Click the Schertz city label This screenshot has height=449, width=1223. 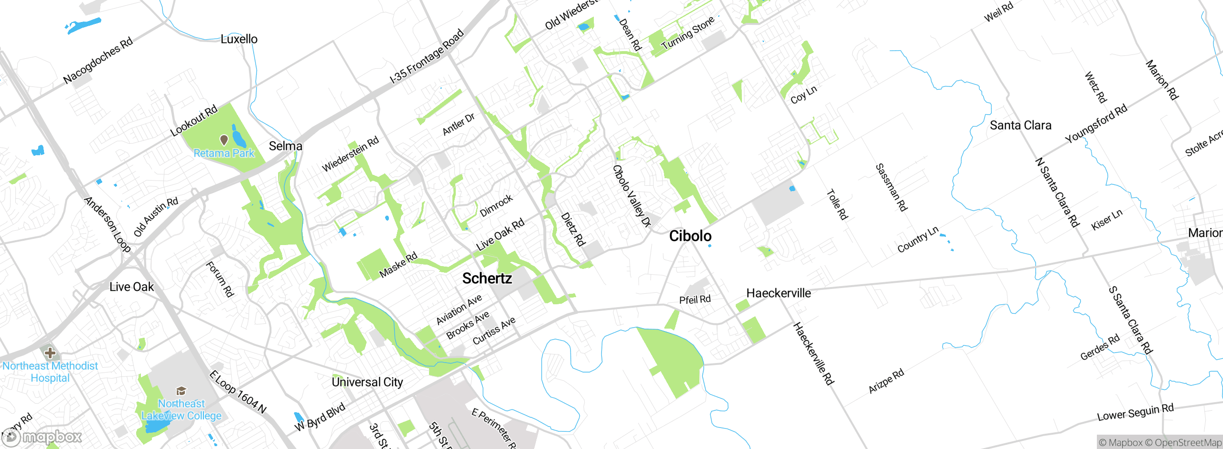tap(487, 278)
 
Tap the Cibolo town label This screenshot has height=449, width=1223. tap(690, 236)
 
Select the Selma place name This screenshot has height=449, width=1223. tap(285, 146)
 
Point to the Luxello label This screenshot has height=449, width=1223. tap(239, 39)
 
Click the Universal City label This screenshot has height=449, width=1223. tap(367, 382)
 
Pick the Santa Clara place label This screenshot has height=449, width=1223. tap(1020, 126)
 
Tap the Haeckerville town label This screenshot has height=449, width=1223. tap(778, 293)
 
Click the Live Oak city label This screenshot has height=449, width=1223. tap(131, 287)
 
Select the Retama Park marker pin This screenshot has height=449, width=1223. tap(224, 139)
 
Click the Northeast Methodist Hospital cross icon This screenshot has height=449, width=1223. tap(50, 353)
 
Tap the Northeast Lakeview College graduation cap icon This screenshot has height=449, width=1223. tap(181, 391)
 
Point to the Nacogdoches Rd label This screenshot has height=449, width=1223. tap(98, 60)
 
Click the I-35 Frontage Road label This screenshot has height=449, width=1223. tap(427, 56)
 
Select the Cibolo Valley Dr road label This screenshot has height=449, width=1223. tap(632, 196)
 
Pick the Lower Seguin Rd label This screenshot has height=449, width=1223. tap(1135, 412)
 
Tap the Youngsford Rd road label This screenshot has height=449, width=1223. tap(1096, 123)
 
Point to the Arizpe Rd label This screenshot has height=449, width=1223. tap(886, 381)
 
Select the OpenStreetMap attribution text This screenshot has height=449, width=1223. tap(1187, 443)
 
